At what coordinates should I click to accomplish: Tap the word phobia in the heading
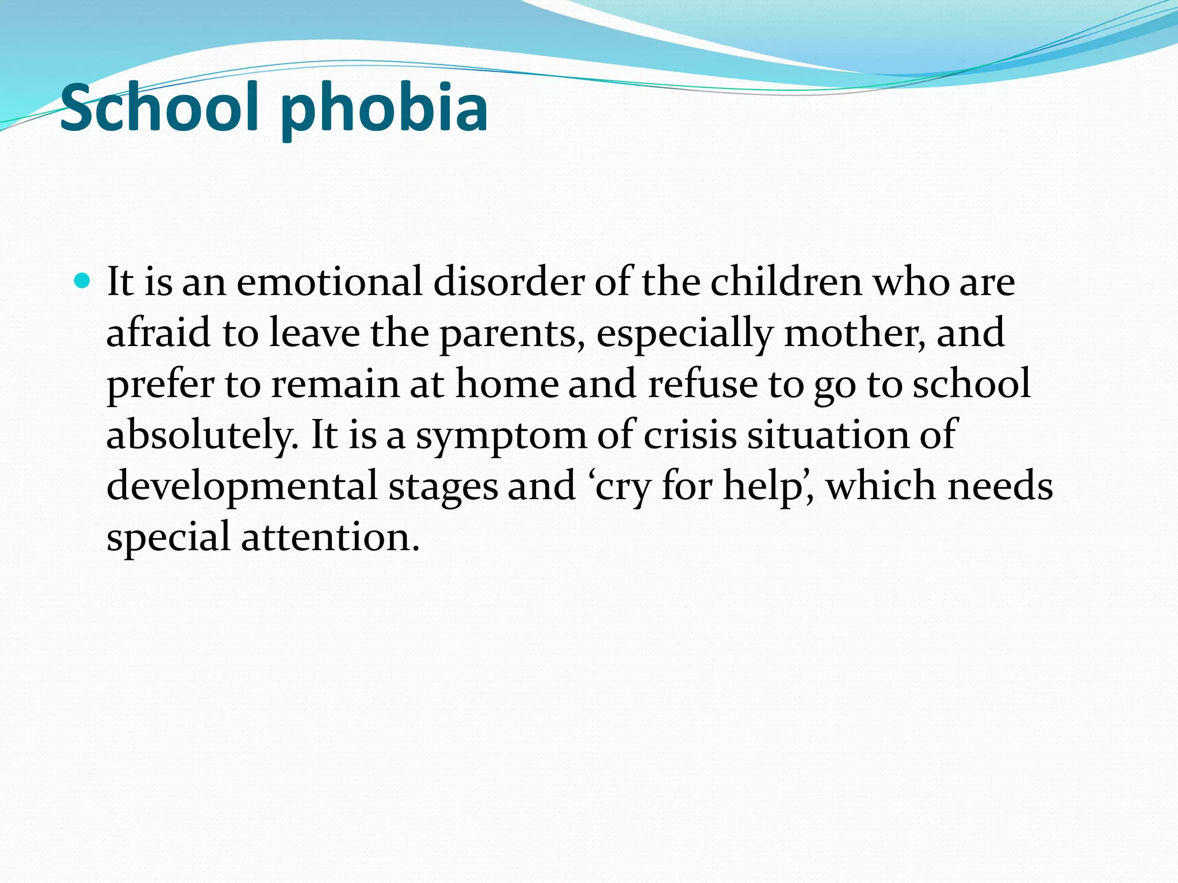[x=384, y=109]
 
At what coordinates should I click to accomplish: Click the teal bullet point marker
[x=83, y=281]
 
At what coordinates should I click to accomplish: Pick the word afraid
[x=159, y=333]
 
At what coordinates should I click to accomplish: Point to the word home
[x=507, y=384]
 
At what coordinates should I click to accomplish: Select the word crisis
[x=690, y=435]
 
